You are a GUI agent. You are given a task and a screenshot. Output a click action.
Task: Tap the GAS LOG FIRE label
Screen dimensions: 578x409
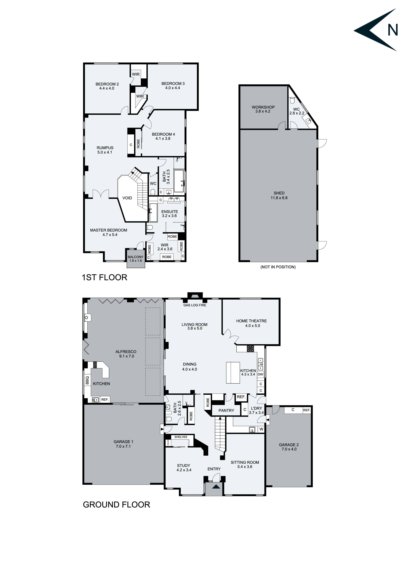(x=195, y=305)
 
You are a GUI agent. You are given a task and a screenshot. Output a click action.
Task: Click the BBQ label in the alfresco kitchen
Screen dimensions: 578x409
(x=87, y=380)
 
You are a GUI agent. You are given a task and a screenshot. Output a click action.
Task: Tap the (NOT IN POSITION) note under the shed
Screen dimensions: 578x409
(x=278, y=267)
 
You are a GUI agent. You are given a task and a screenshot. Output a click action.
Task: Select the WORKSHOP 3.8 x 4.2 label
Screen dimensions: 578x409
(x=263, y=109)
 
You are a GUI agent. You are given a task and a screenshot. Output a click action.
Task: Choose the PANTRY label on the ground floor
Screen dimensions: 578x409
(x=226, y=411)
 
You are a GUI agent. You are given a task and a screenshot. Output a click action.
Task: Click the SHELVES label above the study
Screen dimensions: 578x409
(x=181, y=437)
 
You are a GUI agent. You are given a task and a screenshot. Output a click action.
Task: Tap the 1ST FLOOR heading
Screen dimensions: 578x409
(x=104, y=277)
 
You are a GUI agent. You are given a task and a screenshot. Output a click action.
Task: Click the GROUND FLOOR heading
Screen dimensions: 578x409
(x=116, y=505)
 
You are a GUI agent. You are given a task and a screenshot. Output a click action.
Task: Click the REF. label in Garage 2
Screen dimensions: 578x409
(x=306, y=410)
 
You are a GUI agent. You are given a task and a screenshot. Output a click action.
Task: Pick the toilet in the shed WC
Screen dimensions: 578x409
(x=292, y=101)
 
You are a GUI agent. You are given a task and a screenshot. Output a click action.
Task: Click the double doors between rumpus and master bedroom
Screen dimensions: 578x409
(x=101, y=194)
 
